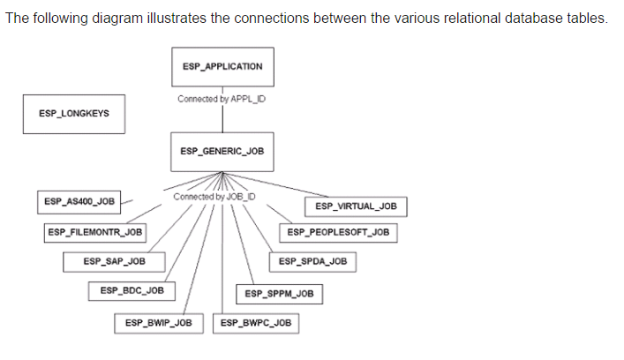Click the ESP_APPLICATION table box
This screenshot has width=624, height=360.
[x=222, y=67]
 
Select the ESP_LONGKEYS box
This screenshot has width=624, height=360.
[x=68, y=114]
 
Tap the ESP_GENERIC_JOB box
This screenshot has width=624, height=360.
[x=222, y=151]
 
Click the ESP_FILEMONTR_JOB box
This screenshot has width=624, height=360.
[x=95, y=232]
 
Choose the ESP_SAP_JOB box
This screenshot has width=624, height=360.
[x=114, y=261]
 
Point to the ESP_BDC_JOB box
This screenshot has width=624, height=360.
[x=132, y=289]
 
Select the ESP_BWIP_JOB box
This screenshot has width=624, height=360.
[x=158, y=323]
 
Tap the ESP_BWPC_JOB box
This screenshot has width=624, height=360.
[x=256, y=323]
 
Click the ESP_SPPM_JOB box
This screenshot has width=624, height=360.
[x=279, y=293]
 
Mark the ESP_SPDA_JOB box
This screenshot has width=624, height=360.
[x=312, y=261]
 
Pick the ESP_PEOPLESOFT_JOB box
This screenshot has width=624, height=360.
[x=338, y=232]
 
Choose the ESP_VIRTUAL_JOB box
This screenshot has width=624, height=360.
[x=355, y=206]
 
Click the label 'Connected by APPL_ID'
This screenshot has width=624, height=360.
[x=222, y=99]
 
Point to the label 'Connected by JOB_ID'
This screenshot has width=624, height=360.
[x=215, y=196]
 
